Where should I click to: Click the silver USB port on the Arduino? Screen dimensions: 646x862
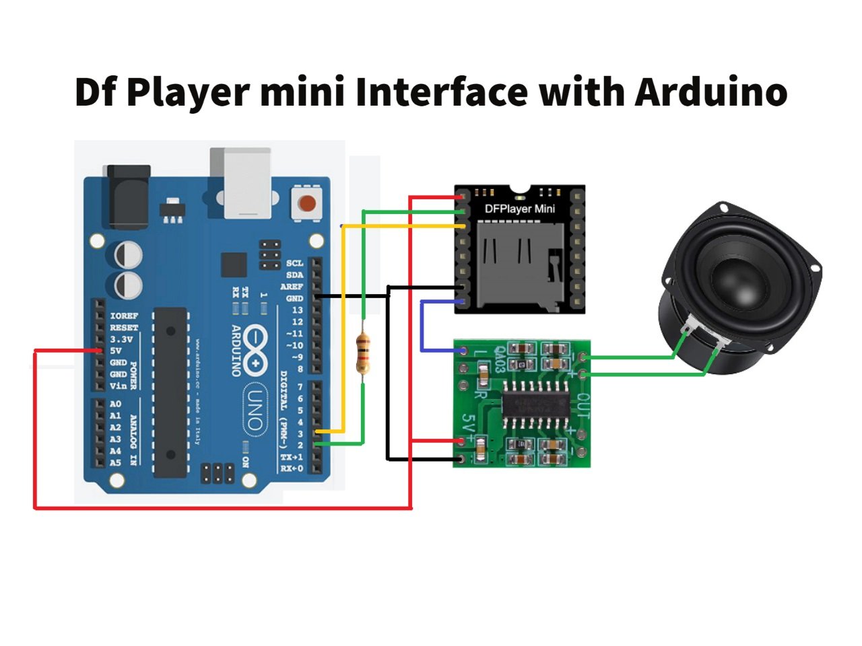click(x=240, y=183)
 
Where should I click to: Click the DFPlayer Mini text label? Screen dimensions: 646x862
click(x=519, y=209)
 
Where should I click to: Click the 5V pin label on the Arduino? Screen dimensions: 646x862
click(x=116, y=351)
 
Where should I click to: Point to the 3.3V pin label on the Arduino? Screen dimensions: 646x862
click(x=121, y=339)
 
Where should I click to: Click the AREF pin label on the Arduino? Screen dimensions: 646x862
click(x=292, y=287)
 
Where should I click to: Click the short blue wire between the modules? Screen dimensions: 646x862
click(x=422, y=326)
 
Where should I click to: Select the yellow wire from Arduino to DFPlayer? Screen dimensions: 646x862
click(x=343, y=323)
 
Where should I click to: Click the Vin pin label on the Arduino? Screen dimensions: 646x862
click(x=118, y=386)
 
